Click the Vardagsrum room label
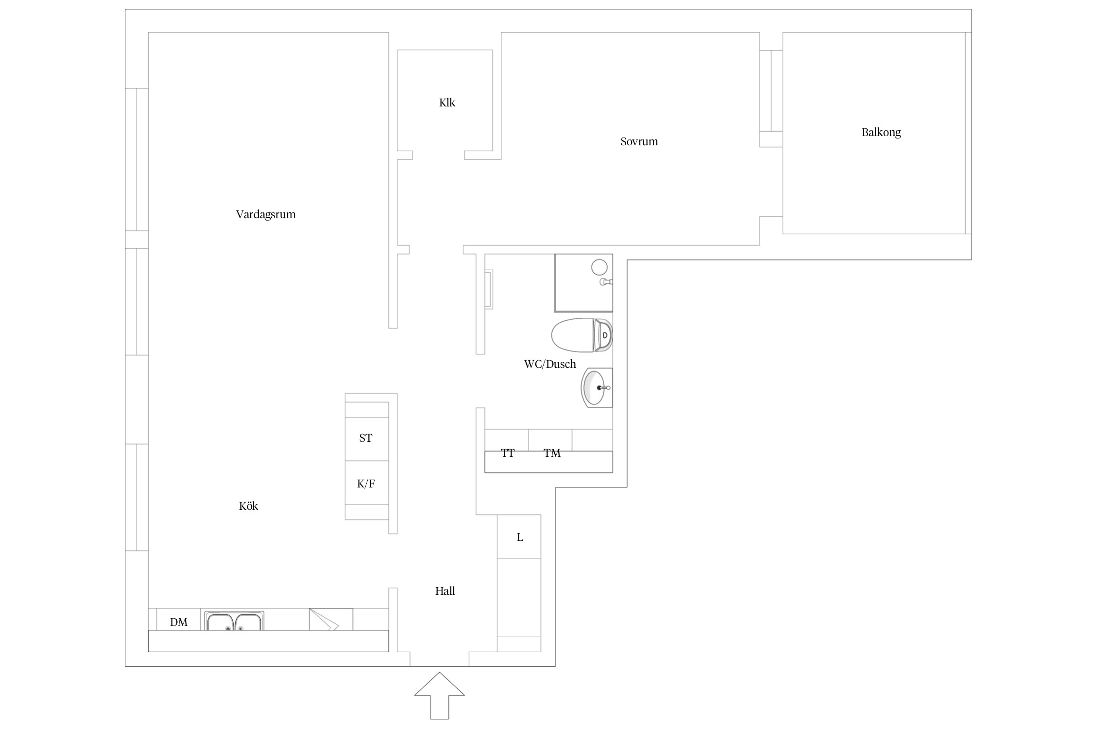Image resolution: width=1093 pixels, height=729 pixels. pyautogui.click(x=266, y=214)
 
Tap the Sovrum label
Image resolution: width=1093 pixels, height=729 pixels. pyautogui.click(x=639, y=141)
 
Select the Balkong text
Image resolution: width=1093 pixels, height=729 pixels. pyautogui.click(x=881, y=132)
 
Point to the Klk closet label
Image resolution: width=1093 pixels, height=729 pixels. pyautogui.click(x=447, y=103)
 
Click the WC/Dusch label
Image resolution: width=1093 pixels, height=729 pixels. pyautogui.click(x=550, y=364)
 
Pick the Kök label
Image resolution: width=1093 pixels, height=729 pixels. pyautogui.click(x=248, y=506)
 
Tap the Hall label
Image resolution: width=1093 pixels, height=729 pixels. pyautogui.click(x=445, y=591)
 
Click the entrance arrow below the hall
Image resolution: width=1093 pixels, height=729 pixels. pyautogui.click(x=439, y=696)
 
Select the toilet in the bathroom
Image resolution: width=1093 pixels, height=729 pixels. pyautogui.click(x=582, y=335)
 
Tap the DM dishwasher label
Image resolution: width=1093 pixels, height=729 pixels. pyautogui.click(x=179, y=622)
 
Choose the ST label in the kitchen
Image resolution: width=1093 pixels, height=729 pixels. pyautogui.click(x=366, y=438)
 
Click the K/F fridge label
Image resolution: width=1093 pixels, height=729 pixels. pyautogui.click(x=366, y=484)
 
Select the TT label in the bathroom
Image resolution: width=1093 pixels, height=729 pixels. pyautogui.click(x=508, y=453)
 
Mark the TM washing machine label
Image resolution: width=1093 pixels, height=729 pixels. pyautogui.click(x=552, y=453)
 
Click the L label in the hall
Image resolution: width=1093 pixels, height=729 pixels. pyautogui.click(x=520, y=537)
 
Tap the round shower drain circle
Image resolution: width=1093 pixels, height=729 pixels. pyautogui.click(x=599, y=267)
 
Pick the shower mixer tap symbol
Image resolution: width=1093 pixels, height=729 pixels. pyautogui.click(x=606, y=281)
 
